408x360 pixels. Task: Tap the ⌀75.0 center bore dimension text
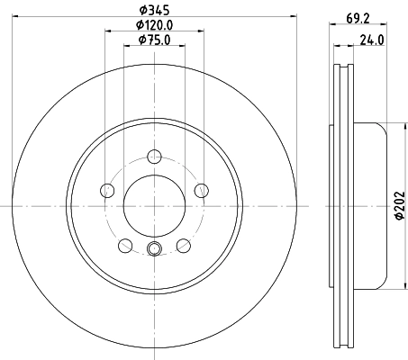coord(154,40)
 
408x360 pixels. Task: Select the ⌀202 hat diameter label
coord(396,207)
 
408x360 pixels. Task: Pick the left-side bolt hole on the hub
coord(108,190)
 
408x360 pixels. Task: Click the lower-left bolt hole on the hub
coord(124,244)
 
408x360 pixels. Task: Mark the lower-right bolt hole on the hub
coord(183,244)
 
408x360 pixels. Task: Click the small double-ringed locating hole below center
coord(153,249)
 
